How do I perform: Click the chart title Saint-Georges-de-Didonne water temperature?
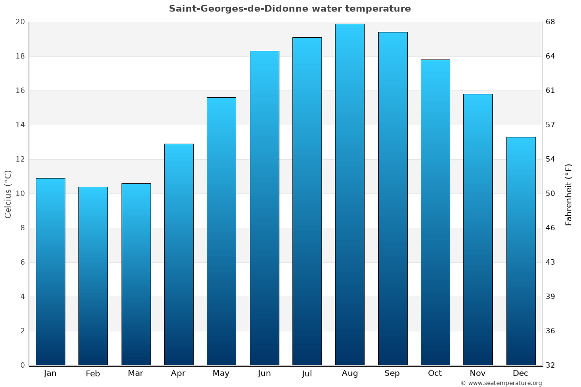[290, 9]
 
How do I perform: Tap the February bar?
[93, 276]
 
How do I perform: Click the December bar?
[521, 251]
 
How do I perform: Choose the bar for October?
[435, 212]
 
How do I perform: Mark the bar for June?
[264, 208]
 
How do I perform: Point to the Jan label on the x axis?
[50, 373]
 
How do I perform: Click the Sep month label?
[392, 373]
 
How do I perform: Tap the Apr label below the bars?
[178, 373]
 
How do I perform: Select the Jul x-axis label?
[306, 373]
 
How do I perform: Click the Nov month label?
[478, 373]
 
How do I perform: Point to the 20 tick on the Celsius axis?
[20, 22]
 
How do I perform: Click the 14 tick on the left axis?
[20, 125]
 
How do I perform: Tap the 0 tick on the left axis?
[22, 365]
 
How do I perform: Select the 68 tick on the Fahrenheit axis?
[551, 22]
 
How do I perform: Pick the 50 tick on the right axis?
[551, 193]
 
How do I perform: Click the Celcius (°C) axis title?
[8, 193]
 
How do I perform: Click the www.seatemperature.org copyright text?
[501, 383]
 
